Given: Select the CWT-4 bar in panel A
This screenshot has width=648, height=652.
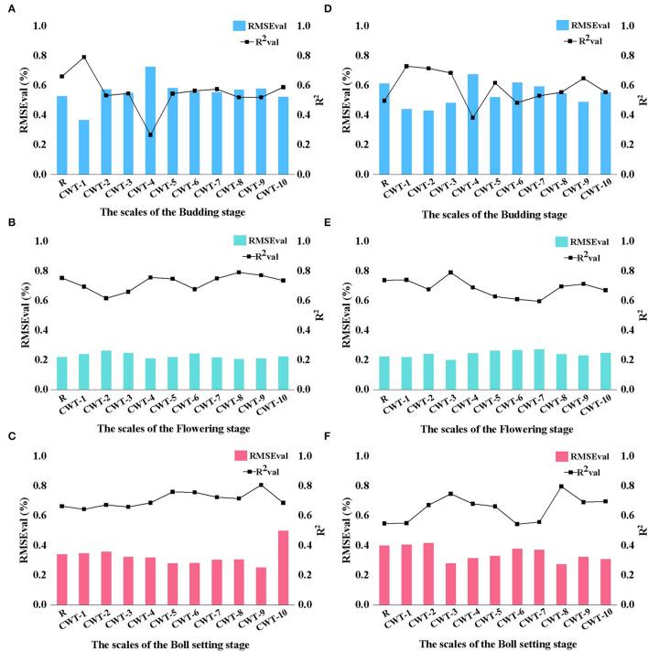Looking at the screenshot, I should [x=150, y=121].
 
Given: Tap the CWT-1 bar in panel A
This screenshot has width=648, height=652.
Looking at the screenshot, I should [x=84, y=147].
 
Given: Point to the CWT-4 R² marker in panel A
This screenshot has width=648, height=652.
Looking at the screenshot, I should [x=150, y=134].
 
